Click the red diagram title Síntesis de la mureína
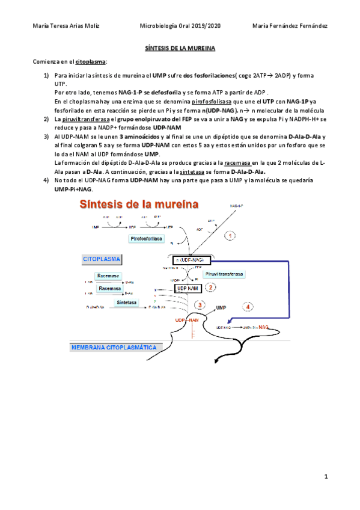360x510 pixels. (x=139, y=205)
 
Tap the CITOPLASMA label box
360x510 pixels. (x=102, y=259)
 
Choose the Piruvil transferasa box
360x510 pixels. (x=224, y=274)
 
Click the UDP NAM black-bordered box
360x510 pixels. (x=187, y=289)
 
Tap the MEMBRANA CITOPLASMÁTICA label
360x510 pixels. (x=114, y=347)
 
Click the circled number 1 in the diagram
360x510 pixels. (x=230, y=236)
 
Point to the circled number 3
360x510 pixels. (x=200, y=306)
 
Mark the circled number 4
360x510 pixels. (x=249, y=307)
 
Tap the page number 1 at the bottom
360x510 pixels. (x=325, y=478)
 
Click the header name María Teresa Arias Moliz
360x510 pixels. (x=66, y=26)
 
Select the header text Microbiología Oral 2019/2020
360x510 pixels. (x=180, y=26)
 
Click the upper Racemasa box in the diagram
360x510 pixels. (x=108, y=275)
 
